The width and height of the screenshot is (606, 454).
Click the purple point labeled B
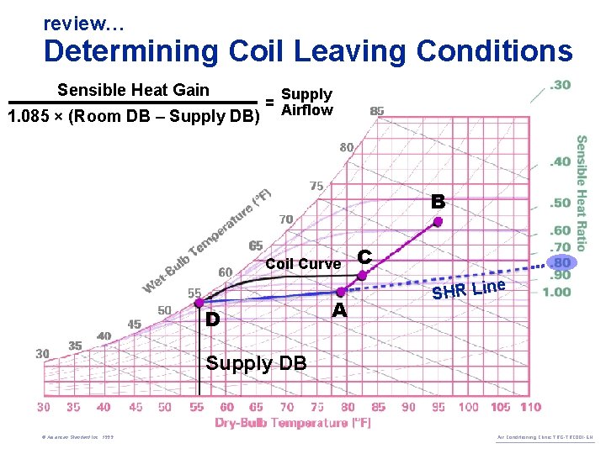coord(438,222)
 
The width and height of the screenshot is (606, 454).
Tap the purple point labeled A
coord(340,292)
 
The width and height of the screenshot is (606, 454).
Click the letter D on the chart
coord(213,320)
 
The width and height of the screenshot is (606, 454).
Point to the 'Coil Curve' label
coord(303,264)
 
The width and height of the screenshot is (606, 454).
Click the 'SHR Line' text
coord(468,289)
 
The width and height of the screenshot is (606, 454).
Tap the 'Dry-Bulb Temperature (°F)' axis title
coord(292,424)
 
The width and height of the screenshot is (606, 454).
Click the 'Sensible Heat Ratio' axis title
coord(582,193)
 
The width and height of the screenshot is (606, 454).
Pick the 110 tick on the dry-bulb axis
coord(530,407)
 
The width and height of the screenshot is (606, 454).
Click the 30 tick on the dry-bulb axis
coord(44,407)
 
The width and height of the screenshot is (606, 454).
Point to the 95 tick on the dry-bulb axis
coord(439,407)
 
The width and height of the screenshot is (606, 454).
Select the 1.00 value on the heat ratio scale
coord(557,292)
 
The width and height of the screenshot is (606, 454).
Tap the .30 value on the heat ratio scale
coord(560,85)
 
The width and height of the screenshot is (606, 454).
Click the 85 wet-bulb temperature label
coord(377,110)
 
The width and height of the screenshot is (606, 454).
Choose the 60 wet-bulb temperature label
coord(226,272)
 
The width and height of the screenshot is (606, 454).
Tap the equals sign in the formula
coord(269,102)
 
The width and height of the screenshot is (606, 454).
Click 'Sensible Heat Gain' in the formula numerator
coord(133,90)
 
